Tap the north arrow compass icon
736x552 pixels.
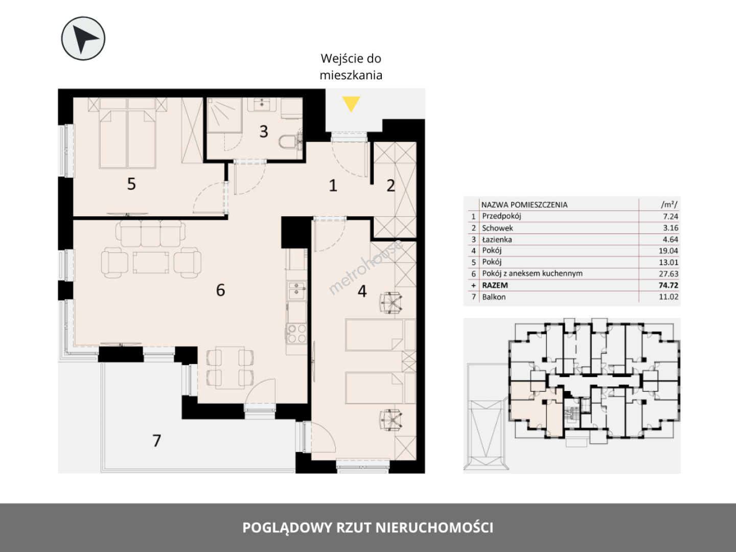click(83, 38)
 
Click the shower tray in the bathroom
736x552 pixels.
click(224, 115)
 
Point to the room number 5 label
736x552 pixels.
click(131, 184)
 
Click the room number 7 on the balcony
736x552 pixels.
click(156, 441)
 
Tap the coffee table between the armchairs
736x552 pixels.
click(151, 263)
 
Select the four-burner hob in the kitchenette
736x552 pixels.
click(297, 333)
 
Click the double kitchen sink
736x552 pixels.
click(296, 290)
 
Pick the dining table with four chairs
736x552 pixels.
click(230, 367)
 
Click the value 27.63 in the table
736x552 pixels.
click(669, 274)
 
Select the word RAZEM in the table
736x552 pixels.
click(495, 285)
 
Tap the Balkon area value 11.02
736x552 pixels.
click(669, 296)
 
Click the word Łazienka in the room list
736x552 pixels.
click(497, 239)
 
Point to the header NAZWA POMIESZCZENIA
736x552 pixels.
click(524, 205)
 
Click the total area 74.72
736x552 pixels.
click(669, 285)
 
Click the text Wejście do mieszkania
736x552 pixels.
click(351, 66)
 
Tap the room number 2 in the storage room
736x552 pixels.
click(390, 186)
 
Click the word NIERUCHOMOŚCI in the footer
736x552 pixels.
click(434, 527)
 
